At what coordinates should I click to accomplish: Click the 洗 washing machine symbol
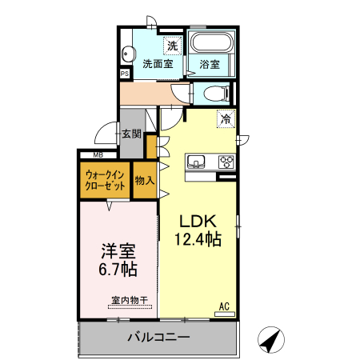point(172,45)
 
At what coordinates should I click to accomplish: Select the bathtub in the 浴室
point(211,44)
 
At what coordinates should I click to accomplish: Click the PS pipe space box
point(124,73)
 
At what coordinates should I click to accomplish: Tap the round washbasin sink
point(127,55)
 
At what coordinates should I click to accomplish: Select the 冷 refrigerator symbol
point(226,119)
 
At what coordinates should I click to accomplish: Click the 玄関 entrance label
point(131,134)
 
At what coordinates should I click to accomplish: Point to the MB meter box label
point(98,154)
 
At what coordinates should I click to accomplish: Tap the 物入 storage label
point(144,181)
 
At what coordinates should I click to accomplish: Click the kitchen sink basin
point(197,162)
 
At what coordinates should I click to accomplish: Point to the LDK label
point(198,221)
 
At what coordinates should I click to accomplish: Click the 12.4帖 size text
point(198,238)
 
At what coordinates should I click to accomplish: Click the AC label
point(225,305)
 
